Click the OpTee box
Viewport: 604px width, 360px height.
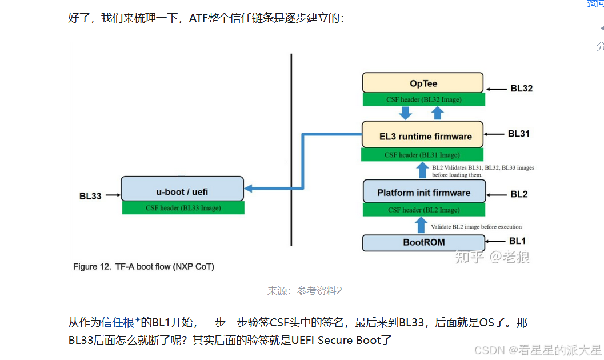[423, 83]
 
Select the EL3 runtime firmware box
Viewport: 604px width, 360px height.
[422, 136]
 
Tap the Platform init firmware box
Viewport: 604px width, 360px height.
[424, 193]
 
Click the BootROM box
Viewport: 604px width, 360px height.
[424, 242]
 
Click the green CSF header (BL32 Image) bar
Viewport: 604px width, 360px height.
[423, 99]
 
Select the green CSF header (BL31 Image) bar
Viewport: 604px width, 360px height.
[422, 155]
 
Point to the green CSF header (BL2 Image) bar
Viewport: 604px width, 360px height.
[424, 210]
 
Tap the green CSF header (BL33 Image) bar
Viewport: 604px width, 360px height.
[183, 208]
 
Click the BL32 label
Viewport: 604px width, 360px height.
[521, 89]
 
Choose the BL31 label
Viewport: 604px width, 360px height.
[519, 134]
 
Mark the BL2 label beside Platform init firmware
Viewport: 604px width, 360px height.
[519, 194]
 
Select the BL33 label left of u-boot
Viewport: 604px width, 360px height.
[90, 196]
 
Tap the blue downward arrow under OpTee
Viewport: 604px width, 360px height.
[406, 113]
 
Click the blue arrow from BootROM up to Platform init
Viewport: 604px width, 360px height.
[422, 225]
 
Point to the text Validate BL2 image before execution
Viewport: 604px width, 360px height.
[476, 227]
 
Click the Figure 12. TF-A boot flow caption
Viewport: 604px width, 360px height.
[143, 266]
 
